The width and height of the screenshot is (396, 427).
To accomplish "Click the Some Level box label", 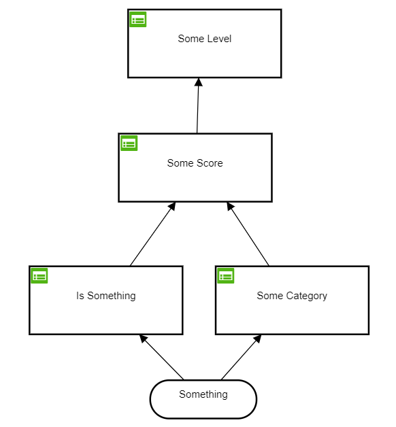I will coord(204,39).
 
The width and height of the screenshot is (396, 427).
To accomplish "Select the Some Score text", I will coord(195,163).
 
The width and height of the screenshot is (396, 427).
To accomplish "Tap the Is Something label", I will coord(105,296).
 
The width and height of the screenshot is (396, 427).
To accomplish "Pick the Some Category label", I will coord(291,296).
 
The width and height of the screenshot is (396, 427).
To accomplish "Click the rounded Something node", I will coord(203,398).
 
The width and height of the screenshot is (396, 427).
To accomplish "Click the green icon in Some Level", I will coord(138,20).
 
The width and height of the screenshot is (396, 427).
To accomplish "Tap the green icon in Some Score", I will coord(129,143).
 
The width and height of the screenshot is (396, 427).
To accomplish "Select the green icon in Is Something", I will coord(39,275).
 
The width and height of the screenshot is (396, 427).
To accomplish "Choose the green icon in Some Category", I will coord(225,275).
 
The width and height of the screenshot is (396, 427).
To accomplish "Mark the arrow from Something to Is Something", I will coord(162,357).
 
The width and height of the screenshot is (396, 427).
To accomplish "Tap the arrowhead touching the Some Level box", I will coord(199,82).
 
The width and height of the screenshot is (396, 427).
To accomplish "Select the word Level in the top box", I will coord(218,39).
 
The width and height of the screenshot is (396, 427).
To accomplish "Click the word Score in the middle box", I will coord(210,163).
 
